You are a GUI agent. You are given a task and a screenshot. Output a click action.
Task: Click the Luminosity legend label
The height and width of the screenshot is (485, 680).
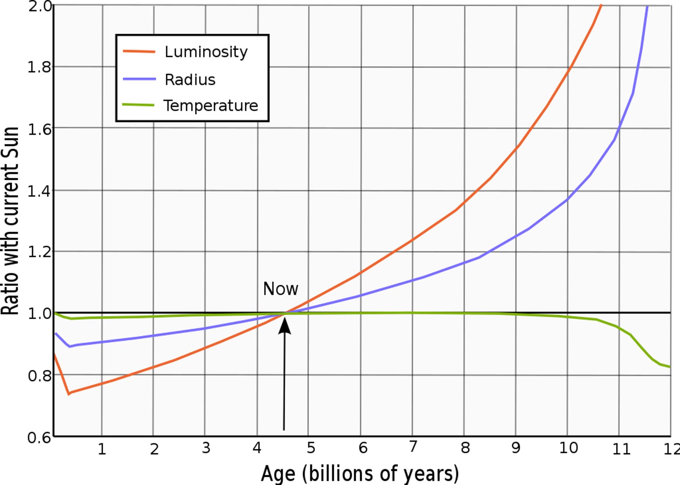pyautogui.click(x=206, y=52)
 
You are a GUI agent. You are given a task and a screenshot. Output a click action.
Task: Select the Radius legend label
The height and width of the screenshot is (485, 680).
pyautogui.click(x=190, y=80)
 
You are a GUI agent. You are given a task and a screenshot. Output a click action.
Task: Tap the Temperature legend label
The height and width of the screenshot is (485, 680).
pyautogui.click(x=211, y=106)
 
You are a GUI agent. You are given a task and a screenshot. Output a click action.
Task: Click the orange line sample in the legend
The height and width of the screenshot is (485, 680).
pyautogui.click(x=139, y=51)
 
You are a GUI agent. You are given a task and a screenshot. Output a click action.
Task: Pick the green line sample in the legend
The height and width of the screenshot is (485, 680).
pyautogui.click(x=138, y=105)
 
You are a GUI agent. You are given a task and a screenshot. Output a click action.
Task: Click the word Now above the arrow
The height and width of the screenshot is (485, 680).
pyautogui.click(x=281, y=289)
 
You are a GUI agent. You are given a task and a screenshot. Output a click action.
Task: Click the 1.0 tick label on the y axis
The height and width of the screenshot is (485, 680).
pyautogui.click(x=39, y=314)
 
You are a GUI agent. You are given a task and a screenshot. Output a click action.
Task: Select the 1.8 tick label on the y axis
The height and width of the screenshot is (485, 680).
pyautogui.click(x=39, y=67)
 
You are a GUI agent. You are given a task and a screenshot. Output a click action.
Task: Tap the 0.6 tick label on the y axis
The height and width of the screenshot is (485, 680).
pyautogui.click(x=39, y=437)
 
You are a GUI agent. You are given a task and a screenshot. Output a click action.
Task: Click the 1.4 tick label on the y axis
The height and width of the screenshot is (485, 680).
pyautogui.click(x=39, y=191)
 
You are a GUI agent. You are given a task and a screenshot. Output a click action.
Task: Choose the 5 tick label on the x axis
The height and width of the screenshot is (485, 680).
pyautogui.click(x=311, y=448)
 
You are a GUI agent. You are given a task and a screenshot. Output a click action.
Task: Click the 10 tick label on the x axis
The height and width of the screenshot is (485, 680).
pyautogui.click(x=568, y=448)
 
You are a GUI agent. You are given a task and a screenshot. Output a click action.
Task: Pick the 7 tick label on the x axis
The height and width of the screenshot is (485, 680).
pyautogui.click(x=413, y=447)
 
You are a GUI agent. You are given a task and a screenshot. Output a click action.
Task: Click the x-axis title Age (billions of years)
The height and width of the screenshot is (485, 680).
pyautogui.click(x=360, y=473)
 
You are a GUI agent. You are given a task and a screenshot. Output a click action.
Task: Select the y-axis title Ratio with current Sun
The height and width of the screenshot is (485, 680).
pyautogui.click(x=10, y=221)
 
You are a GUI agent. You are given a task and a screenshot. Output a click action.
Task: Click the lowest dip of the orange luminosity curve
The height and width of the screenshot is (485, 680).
pyautogui.click(x=69, y=394)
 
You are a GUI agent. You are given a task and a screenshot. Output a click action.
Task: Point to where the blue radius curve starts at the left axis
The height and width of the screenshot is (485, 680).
pyautogui.click(x=55, y=333)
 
